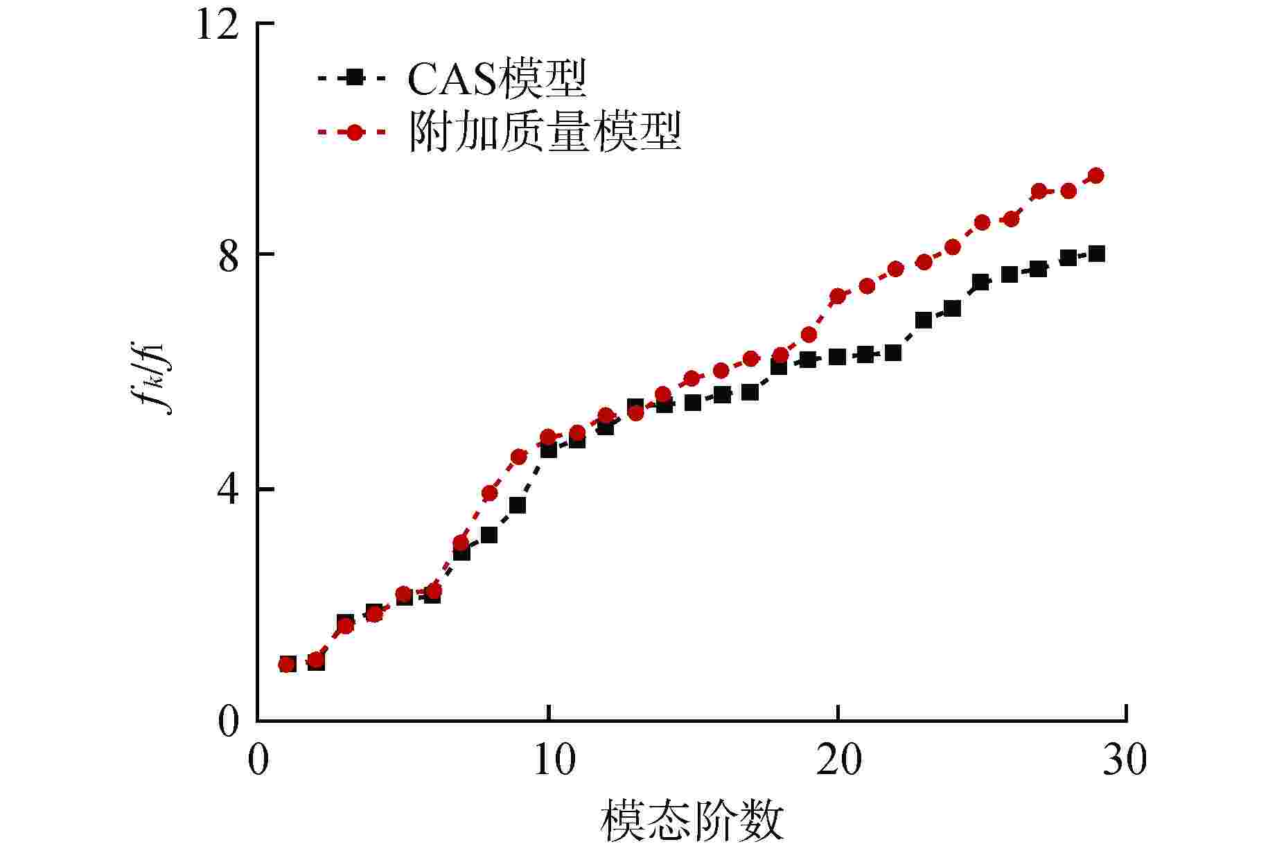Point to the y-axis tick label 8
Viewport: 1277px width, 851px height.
[x=228, y=258]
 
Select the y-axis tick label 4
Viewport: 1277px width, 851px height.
[x=228, y=491]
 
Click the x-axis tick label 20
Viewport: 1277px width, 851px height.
[x=838, y=760]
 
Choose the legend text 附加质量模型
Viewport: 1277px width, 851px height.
[x=545, y=131]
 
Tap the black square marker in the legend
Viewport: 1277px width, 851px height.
[x=354, y=78]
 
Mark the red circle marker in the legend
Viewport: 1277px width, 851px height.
[x=354, y=132]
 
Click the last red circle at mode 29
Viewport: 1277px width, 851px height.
[x=1095, y=175]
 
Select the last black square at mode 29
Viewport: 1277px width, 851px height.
[x=1096, y=254]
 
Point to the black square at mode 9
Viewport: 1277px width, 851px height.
[x=518, y=505]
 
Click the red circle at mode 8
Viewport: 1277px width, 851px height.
[x=489, y=493]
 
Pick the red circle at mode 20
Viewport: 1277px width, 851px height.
[x=837, y=296]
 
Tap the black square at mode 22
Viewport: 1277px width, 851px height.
[x=893, y=353]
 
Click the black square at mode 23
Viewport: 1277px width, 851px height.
[x=923, y=320]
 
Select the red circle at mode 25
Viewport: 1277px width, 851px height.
[x=982, y=222]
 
